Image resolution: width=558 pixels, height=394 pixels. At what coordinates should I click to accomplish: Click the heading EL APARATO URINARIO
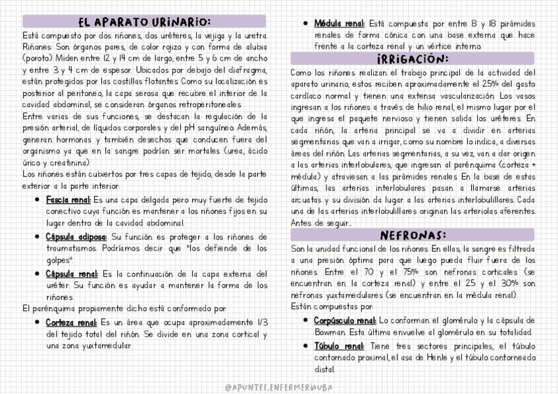(x=144, y=22)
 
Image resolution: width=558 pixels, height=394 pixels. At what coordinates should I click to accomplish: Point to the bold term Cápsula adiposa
(x=76, y=236)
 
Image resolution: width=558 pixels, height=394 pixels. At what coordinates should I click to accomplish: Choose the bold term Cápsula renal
(x=72, y=273)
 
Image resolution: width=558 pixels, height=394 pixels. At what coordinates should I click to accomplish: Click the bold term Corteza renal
(x=71, y=322)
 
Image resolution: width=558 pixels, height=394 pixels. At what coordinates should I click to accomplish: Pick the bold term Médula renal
(x=340, y=23)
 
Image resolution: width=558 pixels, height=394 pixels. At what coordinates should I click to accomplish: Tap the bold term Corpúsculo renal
(x=344, y=320)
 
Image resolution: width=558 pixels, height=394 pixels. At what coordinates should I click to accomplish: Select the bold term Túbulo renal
(x=339, y=345)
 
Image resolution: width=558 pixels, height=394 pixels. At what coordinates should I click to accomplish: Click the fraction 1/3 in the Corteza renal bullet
(x=262, y=322)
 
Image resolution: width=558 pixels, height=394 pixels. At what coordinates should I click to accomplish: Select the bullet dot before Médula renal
(x=305, y=23)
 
